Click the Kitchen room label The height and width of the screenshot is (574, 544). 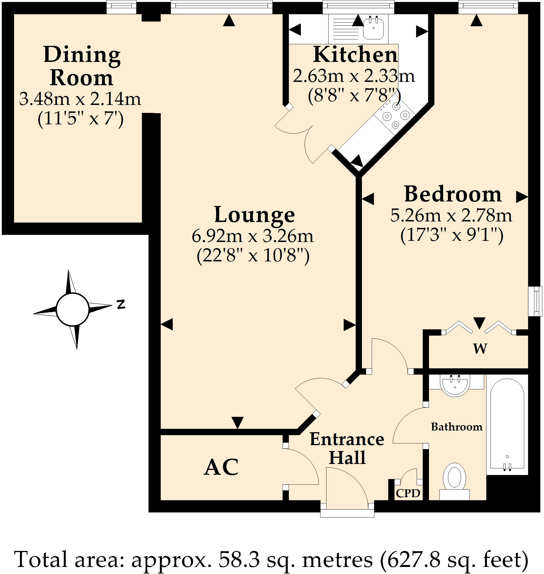(x=355, y=55)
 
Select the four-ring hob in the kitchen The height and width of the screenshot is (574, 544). (x=394, y=116)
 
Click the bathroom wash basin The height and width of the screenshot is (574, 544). (x=454, y=385)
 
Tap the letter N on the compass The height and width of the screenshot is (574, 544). (x=121, y=304)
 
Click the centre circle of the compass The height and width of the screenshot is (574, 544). (x=72, y=310)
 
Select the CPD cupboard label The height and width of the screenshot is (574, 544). (x=408, y=493)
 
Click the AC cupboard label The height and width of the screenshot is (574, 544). (x=221, y=467)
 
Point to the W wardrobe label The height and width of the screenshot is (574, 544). (x=480, y=348)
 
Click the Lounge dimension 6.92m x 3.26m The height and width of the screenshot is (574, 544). (x=253, y=236)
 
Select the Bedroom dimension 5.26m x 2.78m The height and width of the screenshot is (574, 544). (x=451, y=216)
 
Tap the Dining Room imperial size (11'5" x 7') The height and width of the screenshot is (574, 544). (x=80, y=118)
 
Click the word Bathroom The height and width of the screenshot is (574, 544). (x=457, y=427)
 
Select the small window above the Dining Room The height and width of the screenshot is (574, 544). (x=121, y=7)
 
